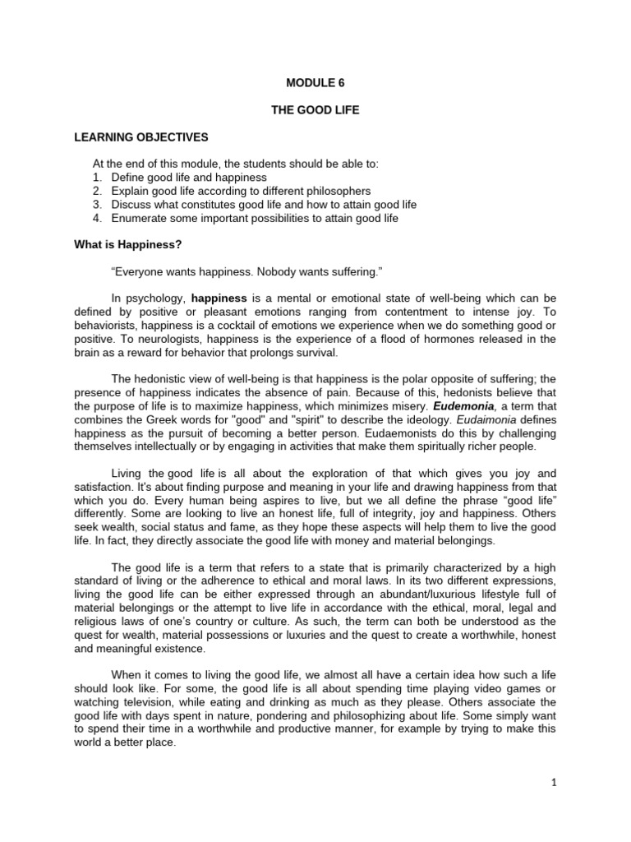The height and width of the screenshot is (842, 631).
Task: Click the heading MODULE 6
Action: pyautogui.click(x=315, y=82)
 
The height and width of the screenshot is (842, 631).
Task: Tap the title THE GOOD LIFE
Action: pyautogui.click(x=315, y=110)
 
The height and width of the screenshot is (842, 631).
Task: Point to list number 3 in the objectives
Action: pyautogui.click(x=96, y=204)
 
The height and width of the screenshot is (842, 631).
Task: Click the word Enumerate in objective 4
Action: pyautogui.click(x=140, y=218)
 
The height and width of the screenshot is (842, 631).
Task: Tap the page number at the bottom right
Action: pyautogui.click(x=555, y=784)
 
